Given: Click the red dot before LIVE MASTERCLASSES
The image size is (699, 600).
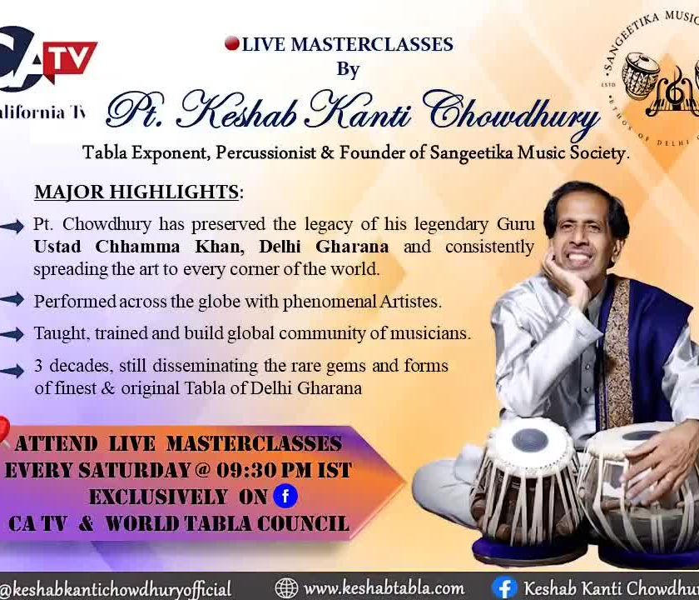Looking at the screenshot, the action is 232,43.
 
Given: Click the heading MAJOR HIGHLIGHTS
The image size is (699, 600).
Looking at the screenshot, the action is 136,192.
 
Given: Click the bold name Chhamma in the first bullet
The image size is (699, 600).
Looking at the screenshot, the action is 137,247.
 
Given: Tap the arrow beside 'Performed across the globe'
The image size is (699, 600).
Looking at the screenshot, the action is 12,300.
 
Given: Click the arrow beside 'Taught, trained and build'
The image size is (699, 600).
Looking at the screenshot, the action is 12,333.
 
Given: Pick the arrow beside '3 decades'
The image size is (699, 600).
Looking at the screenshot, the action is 12,371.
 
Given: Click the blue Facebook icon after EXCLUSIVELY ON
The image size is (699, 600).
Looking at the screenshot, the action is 285,497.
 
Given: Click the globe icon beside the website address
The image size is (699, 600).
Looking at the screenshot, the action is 286,588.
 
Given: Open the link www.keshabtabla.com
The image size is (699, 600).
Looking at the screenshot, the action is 384,588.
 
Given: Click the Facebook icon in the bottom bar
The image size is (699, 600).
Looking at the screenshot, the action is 504,588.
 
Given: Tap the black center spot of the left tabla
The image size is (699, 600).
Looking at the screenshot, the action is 529,440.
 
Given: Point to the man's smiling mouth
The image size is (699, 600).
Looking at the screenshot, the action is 578,258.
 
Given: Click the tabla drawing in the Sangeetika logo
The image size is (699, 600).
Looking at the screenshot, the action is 641,74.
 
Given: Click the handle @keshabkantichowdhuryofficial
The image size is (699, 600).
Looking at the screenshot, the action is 116,589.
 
